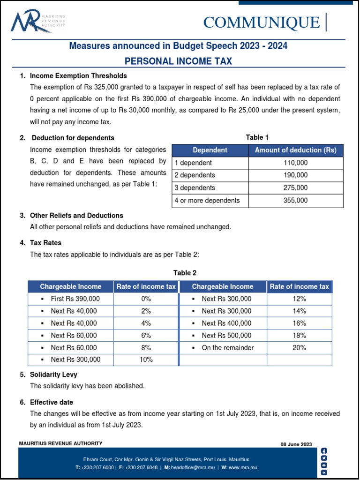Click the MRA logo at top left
37,22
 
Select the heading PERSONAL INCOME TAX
178,61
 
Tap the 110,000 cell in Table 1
295,163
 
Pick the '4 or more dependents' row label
207,201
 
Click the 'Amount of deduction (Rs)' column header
295,150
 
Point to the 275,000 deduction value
295,188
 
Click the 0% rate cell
146,299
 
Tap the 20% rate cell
299,348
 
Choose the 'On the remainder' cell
227,348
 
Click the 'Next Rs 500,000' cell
226,336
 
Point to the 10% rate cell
146,360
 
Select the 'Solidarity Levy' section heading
53,375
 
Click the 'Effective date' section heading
52,402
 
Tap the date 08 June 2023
296,444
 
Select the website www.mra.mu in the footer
243,468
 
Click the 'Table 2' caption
185,273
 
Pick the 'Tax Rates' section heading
45,243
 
